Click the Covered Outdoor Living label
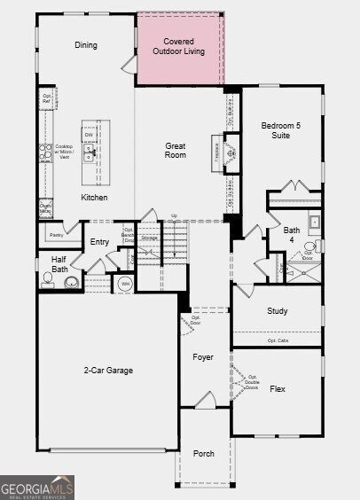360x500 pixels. tap(178, 46)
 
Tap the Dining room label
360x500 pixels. tap(86, 45)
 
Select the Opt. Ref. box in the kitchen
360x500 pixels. tap(46, 98)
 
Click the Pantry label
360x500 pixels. tap(56, 235)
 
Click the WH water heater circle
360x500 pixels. tap(126, 284)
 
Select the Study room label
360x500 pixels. tap(277, 311)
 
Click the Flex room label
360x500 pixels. tap(277, 388)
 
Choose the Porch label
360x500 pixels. tap(204, 453)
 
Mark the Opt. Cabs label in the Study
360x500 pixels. tap(278, 340)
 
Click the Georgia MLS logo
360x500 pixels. tap(37, 487)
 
